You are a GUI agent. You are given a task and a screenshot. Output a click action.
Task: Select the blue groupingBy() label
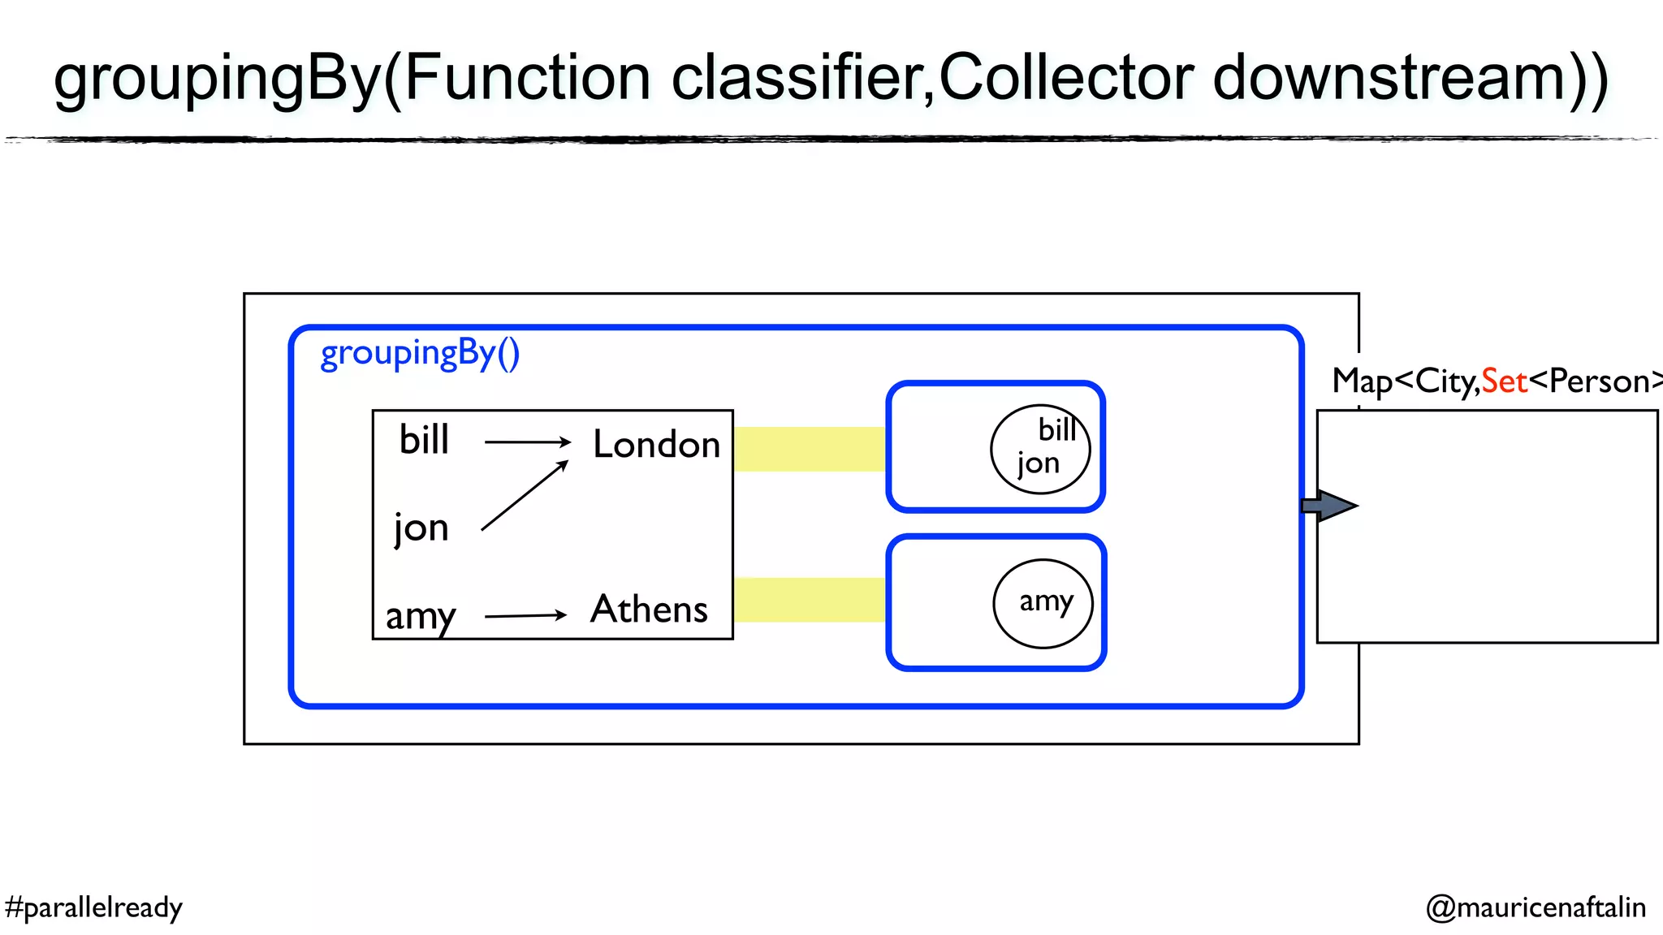click(x=420, y=354)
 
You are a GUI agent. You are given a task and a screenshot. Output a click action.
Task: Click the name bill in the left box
click(x=424, y=440)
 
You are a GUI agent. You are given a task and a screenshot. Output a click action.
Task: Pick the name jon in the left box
click(x=421, y=528)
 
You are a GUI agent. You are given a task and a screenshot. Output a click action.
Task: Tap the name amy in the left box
click(x=421, y=615)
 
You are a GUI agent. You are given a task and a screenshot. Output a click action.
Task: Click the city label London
click(x=656, y=445)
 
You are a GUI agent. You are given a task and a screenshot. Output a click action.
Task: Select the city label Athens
click(x=649, y=609)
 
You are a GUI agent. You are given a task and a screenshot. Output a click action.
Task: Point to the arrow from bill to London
click(x=528, y=442)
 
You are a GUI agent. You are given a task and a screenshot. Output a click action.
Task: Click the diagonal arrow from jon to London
click(x=524, y=495)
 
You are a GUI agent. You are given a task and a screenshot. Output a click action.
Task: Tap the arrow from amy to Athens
click(x=525, y=616)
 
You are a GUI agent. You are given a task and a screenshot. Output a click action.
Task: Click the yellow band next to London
click(x=809, y=449)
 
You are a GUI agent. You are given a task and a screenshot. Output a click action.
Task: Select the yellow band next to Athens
click(x=809, y=600)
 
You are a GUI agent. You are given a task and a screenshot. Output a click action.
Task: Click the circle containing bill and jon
click(x=1039, y=449)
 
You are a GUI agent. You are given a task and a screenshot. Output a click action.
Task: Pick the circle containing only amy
click(x=1043, y=603)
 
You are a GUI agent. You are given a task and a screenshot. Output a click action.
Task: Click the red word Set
click(x=1504, y=381)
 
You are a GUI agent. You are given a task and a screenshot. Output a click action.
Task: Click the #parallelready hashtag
click(x=93, y=907)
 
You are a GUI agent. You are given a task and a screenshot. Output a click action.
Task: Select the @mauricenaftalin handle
click(x=1536, y=907)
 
